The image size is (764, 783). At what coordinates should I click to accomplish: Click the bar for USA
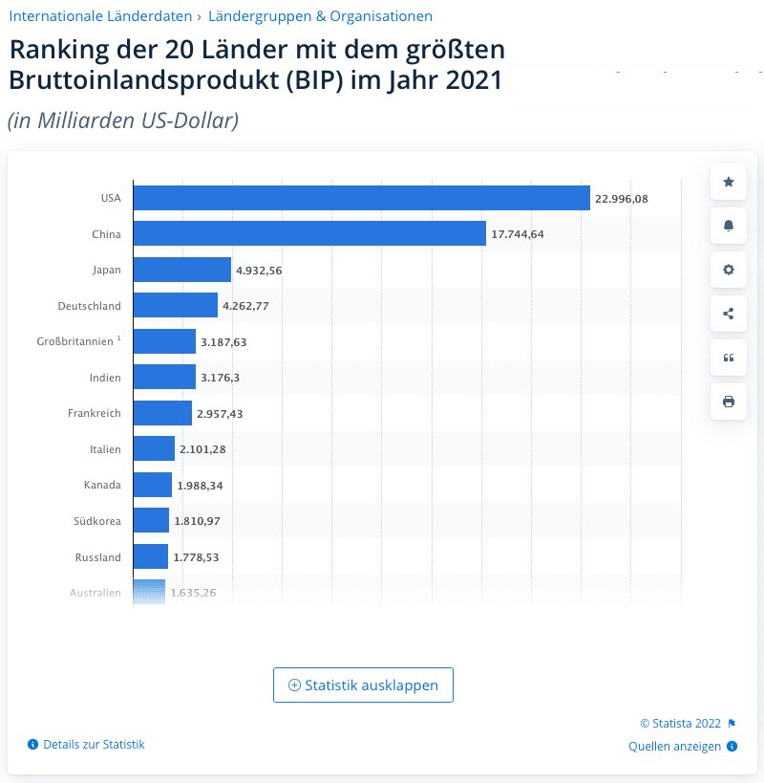tap(361, 198)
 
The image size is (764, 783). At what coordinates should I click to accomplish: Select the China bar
tap(309, 233)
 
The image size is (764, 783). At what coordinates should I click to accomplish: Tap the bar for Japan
tap(181, 270)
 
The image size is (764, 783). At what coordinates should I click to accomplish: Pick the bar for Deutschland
tap(175, 306)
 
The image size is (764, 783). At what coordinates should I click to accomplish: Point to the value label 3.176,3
tap(220, 378)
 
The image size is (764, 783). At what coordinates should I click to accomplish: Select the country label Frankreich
tap(95, 413)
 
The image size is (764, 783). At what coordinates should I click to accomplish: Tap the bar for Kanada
tap(152, 485)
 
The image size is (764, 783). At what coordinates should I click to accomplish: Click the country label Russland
tap(98, 556)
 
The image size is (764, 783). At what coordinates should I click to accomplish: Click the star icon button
tap(729, 182)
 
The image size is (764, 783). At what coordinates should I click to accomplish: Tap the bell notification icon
tap(729, 226)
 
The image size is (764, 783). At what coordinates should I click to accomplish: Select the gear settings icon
tap(729, 270)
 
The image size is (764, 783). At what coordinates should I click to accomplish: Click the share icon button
tap(729, 314)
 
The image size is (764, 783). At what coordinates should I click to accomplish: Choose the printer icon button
tap(729, 402)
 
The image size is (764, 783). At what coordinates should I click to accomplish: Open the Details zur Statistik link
tap(94, 744)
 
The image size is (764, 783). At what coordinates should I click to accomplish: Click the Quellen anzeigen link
tap(674, 747)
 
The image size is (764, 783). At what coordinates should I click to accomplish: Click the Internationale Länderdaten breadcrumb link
tap(99, 16)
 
